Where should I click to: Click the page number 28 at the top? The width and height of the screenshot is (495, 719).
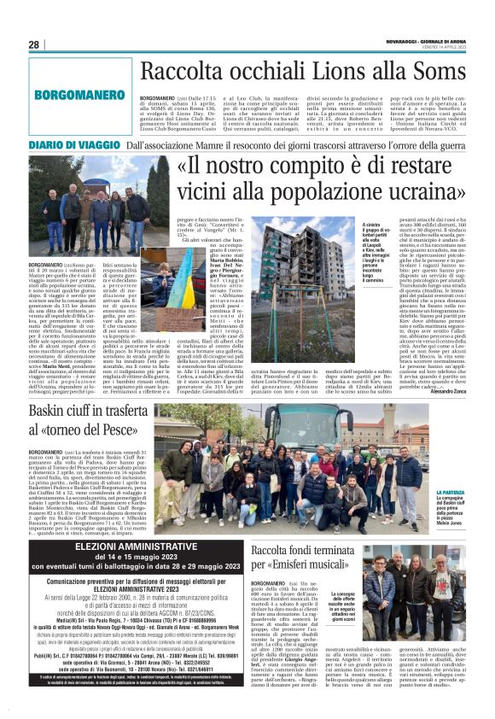tap(35, 44)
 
